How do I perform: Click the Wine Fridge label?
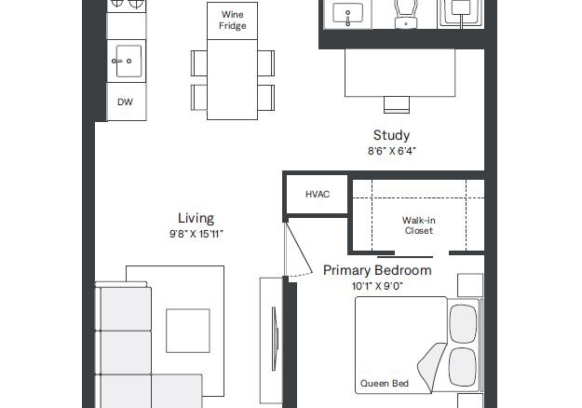[233, 20]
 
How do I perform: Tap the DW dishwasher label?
[125, 102]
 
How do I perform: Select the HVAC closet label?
[318, 194]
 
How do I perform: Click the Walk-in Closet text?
[419, 225]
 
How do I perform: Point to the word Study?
[392, 135]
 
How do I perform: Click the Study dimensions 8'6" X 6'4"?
[392, 151]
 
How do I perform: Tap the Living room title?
[196, 218]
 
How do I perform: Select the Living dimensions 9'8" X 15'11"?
[196, 234]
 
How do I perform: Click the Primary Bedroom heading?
[377, 270]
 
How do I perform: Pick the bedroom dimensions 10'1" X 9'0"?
[377, 286]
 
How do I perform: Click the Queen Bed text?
[385, 384]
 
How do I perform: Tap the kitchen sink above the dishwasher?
[127, 61]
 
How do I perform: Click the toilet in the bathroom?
[406, 14]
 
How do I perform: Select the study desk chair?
[397, 104]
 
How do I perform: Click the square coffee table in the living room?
[188, 331]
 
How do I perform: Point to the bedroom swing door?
[298, 249]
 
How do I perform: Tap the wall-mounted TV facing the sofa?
[275, 338]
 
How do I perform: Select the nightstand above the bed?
[470, 285]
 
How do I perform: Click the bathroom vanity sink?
[347, 15]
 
